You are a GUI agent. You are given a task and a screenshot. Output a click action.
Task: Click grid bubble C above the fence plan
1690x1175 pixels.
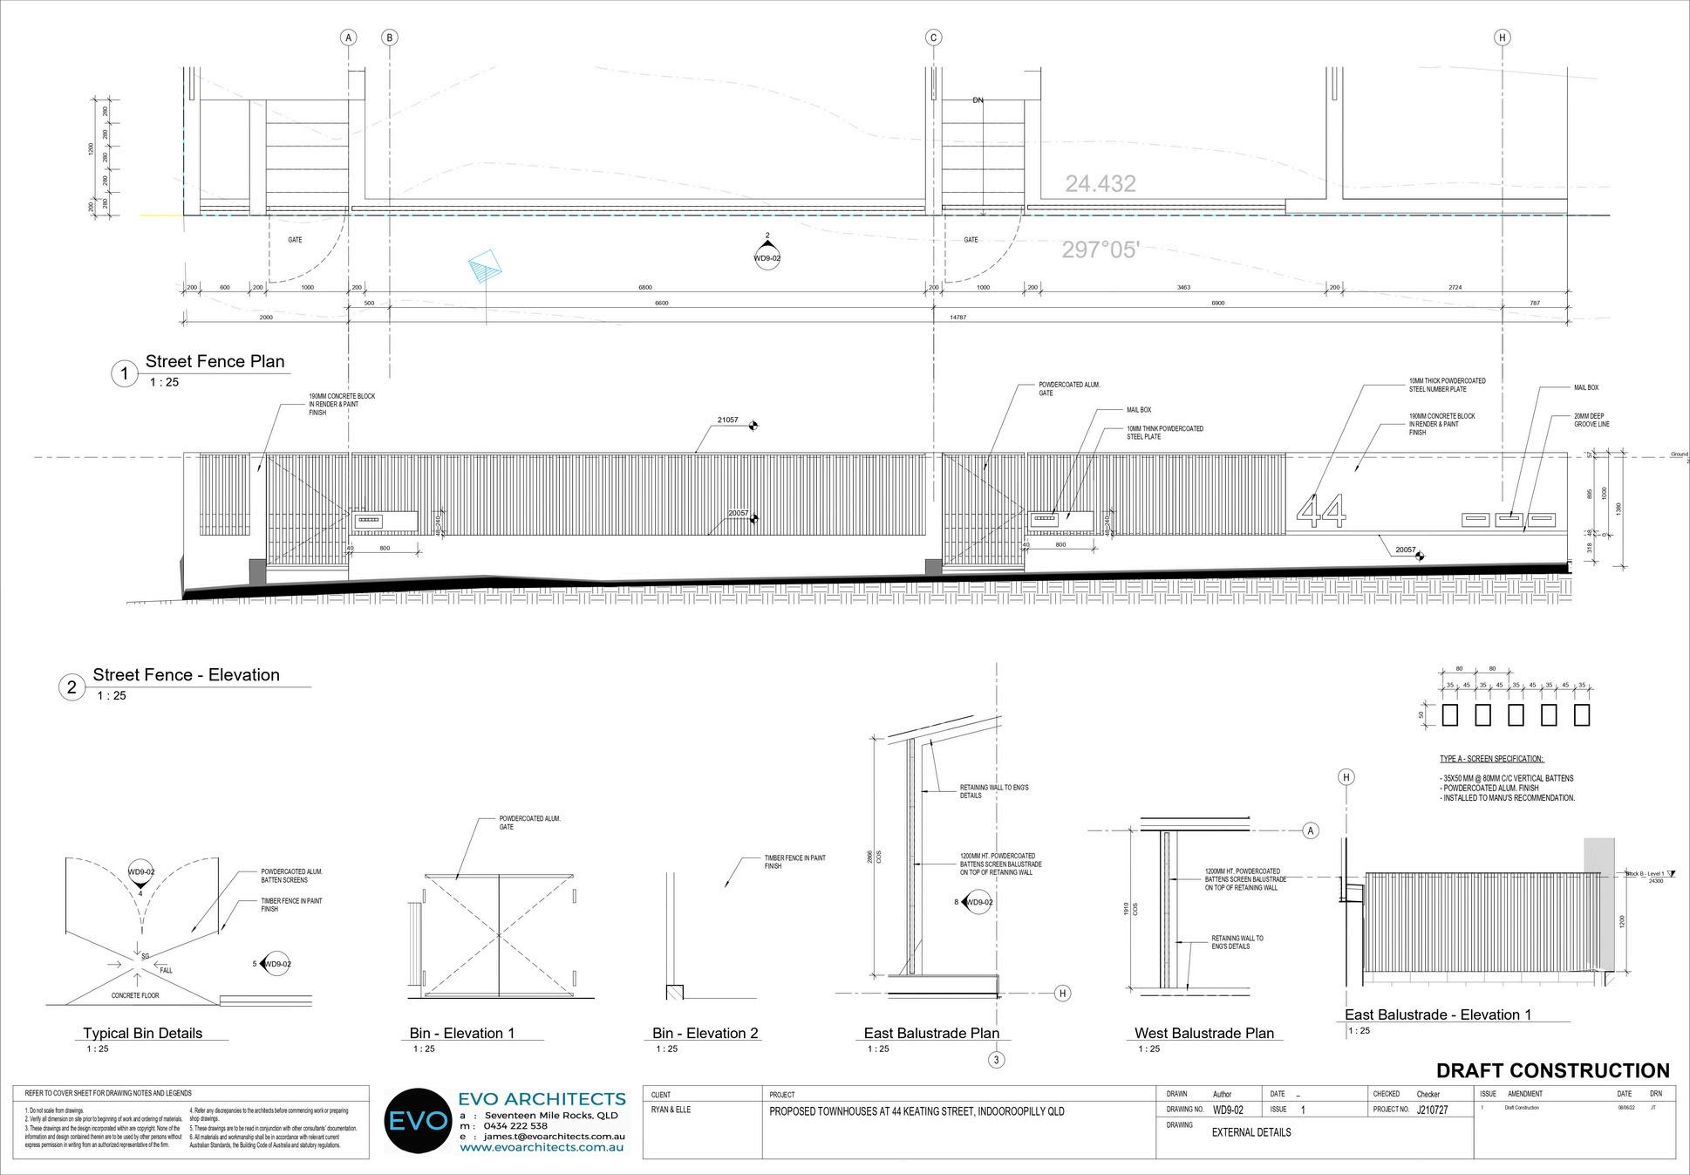click(934, 38)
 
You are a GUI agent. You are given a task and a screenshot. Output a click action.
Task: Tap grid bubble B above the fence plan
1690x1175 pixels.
click(390, 38)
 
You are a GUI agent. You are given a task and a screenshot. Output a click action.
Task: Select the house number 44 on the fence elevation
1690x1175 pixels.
click(1321, 511)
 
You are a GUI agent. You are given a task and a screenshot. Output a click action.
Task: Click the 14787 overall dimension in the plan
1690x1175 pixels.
click(957, 318)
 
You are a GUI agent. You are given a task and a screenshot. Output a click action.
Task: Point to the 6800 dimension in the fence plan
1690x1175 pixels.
click(645, 287)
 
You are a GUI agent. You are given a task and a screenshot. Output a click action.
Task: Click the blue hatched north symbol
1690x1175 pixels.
click(486, 266)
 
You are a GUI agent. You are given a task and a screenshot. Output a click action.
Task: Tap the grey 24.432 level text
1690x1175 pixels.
click(1100, 184)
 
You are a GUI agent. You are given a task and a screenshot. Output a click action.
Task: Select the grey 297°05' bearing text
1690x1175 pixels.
click(1101, 250)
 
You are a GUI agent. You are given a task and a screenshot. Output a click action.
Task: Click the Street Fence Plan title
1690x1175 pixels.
click(215, 362)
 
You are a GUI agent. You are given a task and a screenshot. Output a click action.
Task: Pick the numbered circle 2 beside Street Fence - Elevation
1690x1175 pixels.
click(72, 687)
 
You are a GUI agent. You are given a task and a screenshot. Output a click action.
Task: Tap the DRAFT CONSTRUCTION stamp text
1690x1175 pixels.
click(1552, 1071)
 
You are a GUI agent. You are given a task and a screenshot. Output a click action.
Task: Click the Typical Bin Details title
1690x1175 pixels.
click(142, 1034)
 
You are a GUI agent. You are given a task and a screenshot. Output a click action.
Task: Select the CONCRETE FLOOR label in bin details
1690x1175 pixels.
click(135, 995)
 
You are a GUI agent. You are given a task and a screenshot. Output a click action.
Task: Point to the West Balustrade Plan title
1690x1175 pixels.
click(1203, 1034)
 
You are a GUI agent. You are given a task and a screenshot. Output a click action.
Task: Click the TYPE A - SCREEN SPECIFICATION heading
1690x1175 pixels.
click(1491, 760)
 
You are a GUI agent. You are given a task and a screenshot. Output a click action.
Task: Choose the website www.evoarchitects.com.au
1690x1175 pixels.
click(542, 1148)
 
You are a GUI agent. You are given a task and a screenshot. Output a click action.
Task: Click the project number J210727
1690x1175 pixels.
click(1432, 1110)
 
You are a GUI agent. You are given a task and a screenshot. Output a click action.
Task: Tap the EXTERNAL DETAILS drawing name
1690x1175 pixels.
click(1250, 1132)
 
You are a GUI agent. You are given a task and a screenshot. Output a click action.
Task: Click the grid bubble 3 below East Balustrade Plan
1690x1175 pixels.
click(997, 1061)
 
